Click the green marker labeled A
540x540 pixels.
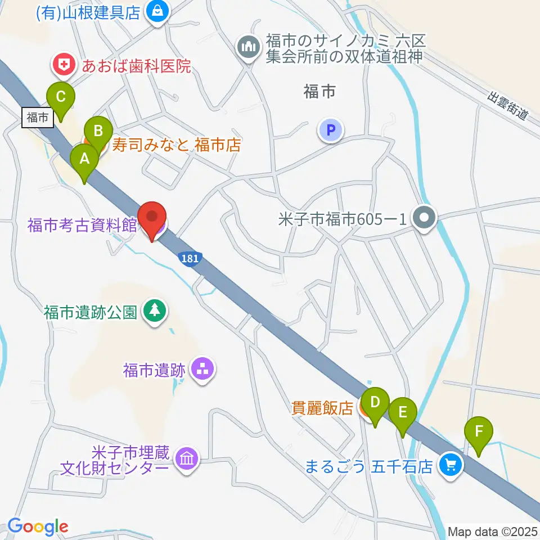pyautogui.click(x=84, y=159)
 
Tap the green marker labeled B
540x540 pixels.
pyautogui.click(x=98, y=133)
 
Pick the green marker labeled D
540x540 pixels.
pyautogui.click(x=375, y=403)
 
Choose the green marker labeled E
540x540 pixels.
pyautogui.click(x=403, y=413)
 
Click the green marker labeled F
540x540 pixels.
pyautogui.click(x=479, y=432)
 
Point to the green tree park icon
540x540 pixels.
pyautogui.click(x=153, y=311)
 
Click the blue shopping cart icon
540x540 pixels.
pyautogui.click(x=450, y=465)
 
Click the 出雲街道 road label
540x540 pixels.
pyautogui.click(x=508, y=106)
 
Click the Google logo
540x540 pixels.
pyautogui.click(x=38, y=526)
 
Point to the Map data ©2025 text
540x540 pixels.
pyautogui.click(x=492, y=531)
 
